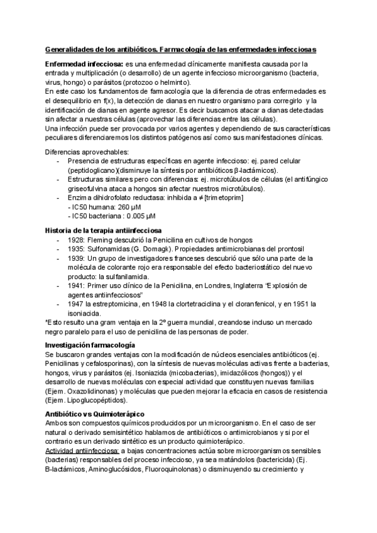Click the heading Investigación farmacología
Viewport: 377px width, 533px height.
(90, 346)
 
